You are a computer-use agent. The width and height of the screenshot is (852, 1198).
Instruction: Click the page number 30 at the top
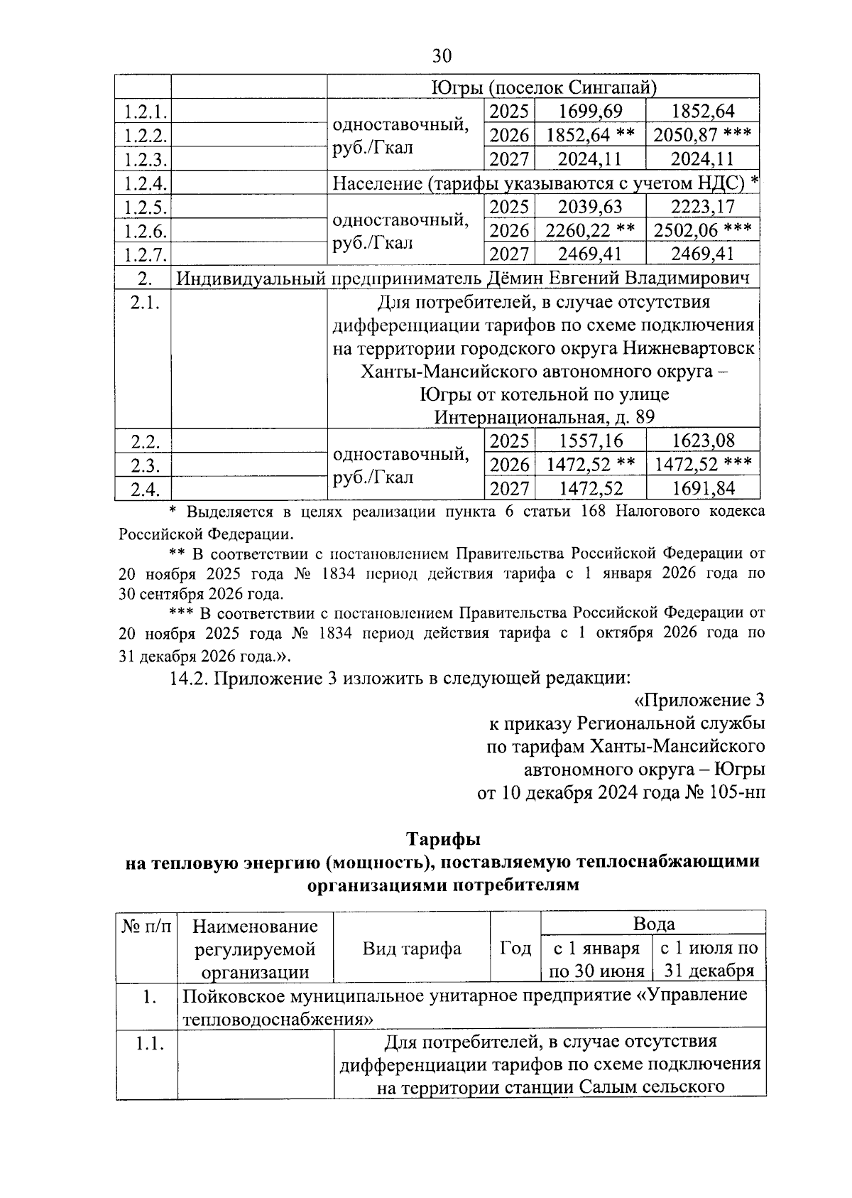441,56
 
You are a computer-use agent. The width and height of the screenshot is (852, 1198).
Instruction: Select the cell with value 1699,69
590,112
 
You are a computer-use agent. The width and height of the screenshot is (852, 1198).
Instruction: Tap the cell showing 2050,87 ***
702,135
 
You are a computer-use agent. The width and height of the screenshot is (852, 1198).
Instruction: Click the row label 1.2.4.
144,183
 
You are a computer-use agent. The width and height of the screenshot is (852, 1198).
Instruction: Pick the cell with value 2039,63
590,207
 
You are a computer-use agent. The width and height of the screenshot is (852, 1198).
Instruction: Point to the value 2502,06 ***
702,230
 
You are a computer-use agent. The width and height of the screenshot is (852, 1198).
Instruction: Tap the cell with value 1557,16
590,441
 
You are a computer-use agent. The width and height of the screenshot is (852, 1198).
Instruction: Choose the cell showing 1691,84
703,488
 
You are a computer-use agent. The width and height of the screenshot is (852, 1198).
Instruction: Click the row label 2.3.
144,465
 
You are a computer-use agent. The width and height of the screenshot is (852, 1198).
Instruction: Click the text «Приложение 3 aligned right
699,701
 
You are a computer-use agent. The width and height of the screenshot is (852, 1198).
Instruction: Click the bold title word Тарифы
443,839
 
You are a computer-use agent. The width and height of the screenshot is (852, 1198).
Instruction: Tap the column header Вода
653,924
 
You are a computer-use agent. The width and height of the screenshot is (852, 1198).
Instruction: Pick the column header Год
515,948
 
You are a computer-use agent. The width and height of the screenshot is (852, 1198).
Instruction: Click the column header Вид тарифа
412,948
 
